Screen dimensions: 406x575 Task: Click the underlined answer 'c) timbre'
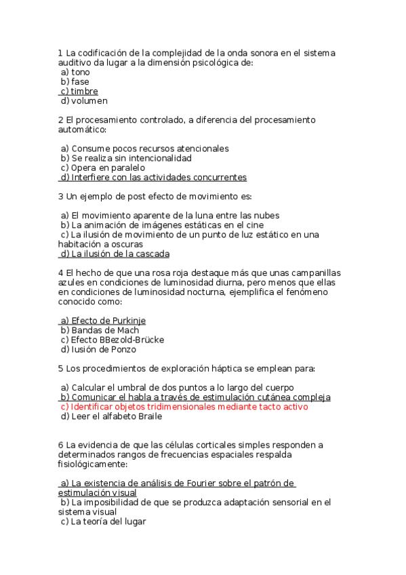pyautogui.click(x=79, y=91)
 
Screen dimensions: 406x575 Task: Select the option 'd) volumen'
pyautogui.click(x=84, y=101)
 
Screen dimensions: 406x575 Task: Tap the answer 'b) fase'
pyautogui.click(x=75, y=81)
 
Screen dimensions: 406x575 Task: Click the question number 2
pyautogui.click(x=61, y=120)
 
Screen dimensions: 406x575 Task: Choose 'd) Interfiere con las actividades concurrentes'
pyautogui.click(x=153, y=178)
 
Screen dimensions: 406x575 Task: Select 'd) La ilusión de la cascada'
pyautogui.click(x=115, y=254)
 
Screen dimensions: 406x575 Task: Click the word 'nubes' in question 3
pyautogui.click(x=265, y=216)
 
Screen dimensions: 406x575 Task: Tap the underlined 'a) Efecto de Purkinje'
pyautogui.click(x=103, y=321)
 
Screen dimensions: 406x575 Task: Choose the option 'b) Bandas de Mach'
pyautogui.click(x=100, y=330)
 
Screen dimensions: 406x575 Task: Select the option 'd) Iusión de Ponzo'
pyautogui.click(x=98, y=350)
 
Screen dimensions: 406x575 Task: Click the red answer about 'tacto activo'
pyautogui.click(x=184, y=407)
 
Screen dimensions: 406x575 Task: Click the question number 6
pyautogui.click(x=61, y=445)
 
